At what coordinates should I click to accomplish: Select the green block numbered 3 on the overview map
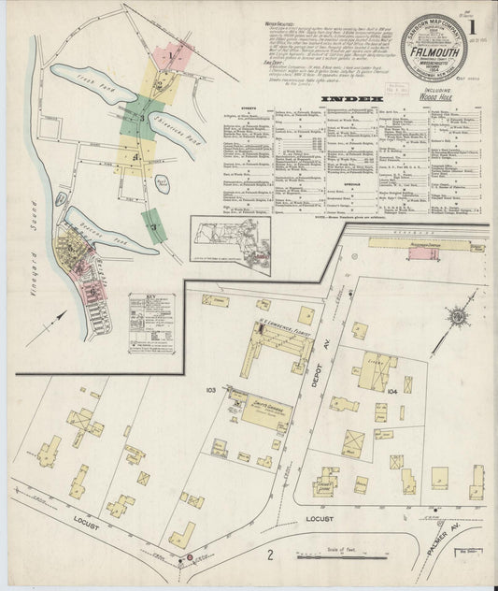[x=140, y=119]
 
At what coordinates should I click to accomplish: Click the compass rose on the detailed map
[x=458, y=317]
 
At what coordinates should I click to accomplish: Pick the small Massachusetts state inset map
[x=230, y=245]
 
